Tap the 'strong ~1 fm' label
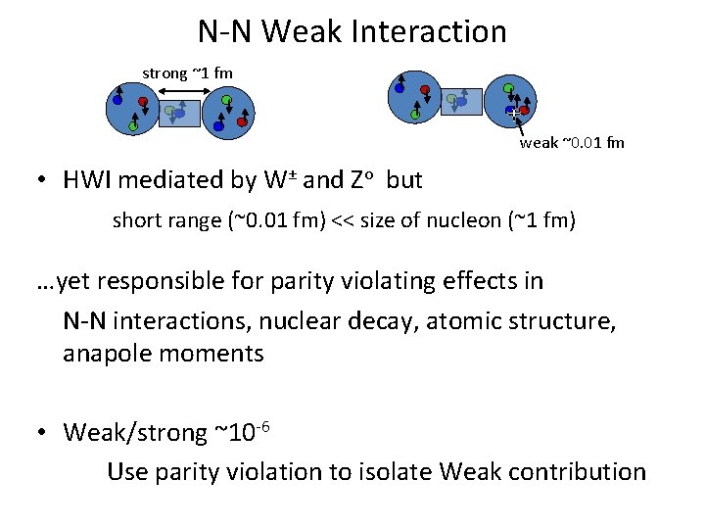(x=187, y=72)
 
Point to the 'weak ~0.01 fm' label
(x=572, y=143)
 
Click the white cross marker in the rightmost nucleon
(x=513, y=114)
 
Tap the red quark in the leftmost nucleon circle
(x=143, y=100)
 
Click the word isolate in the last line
(x=393, y=471)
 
